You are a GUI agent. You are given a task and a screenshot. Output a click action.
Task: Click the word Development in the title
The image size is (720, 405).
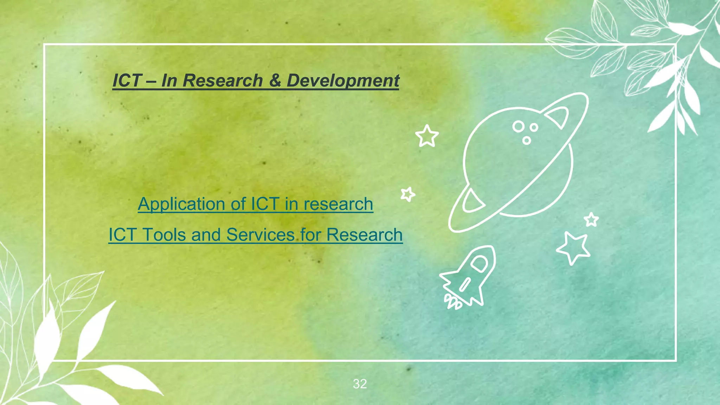pos(343,81)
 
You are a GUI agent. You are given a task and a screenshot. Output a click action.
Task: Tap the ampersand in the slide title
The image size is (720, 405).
pos(275,81)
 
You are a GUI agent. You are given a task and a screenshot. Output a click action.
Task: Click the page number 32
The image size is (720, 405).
pos(360,384)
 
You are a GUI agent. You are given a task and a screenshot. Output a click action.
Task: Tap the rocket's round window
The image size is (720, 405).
pos(478,263)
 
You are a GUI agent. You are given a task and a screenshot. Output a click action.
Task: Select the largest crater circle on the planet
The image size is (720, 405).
pos(518,126)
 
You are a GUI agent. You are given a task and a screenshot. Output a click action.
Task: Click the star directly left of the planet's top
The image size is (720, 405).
pos(427,136)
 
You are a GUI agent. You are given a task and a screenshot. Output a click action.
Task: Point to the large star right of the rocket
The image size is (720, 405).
pos(573,247)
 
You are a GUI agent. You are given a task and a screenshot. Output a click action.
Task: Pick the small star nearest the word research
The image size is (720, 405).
pos(408,194)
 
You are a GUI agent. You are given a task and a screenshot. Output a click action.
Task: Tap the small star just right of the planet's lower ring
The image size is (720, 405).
pos(591,220)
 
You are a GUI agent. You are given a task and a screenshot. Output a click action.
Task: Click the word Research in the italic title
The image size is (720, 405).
pos(223,81)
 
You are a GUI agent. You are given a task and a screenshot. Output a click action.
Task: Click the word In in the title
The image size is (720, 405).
pos(169,81)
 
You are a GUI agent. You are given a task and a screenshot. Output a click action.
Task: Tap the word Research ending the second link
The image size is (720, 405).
pos(364,235)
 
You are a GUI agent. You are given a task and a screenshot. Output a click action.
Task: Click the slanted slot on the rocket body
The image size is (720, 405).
pos(465,284)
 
